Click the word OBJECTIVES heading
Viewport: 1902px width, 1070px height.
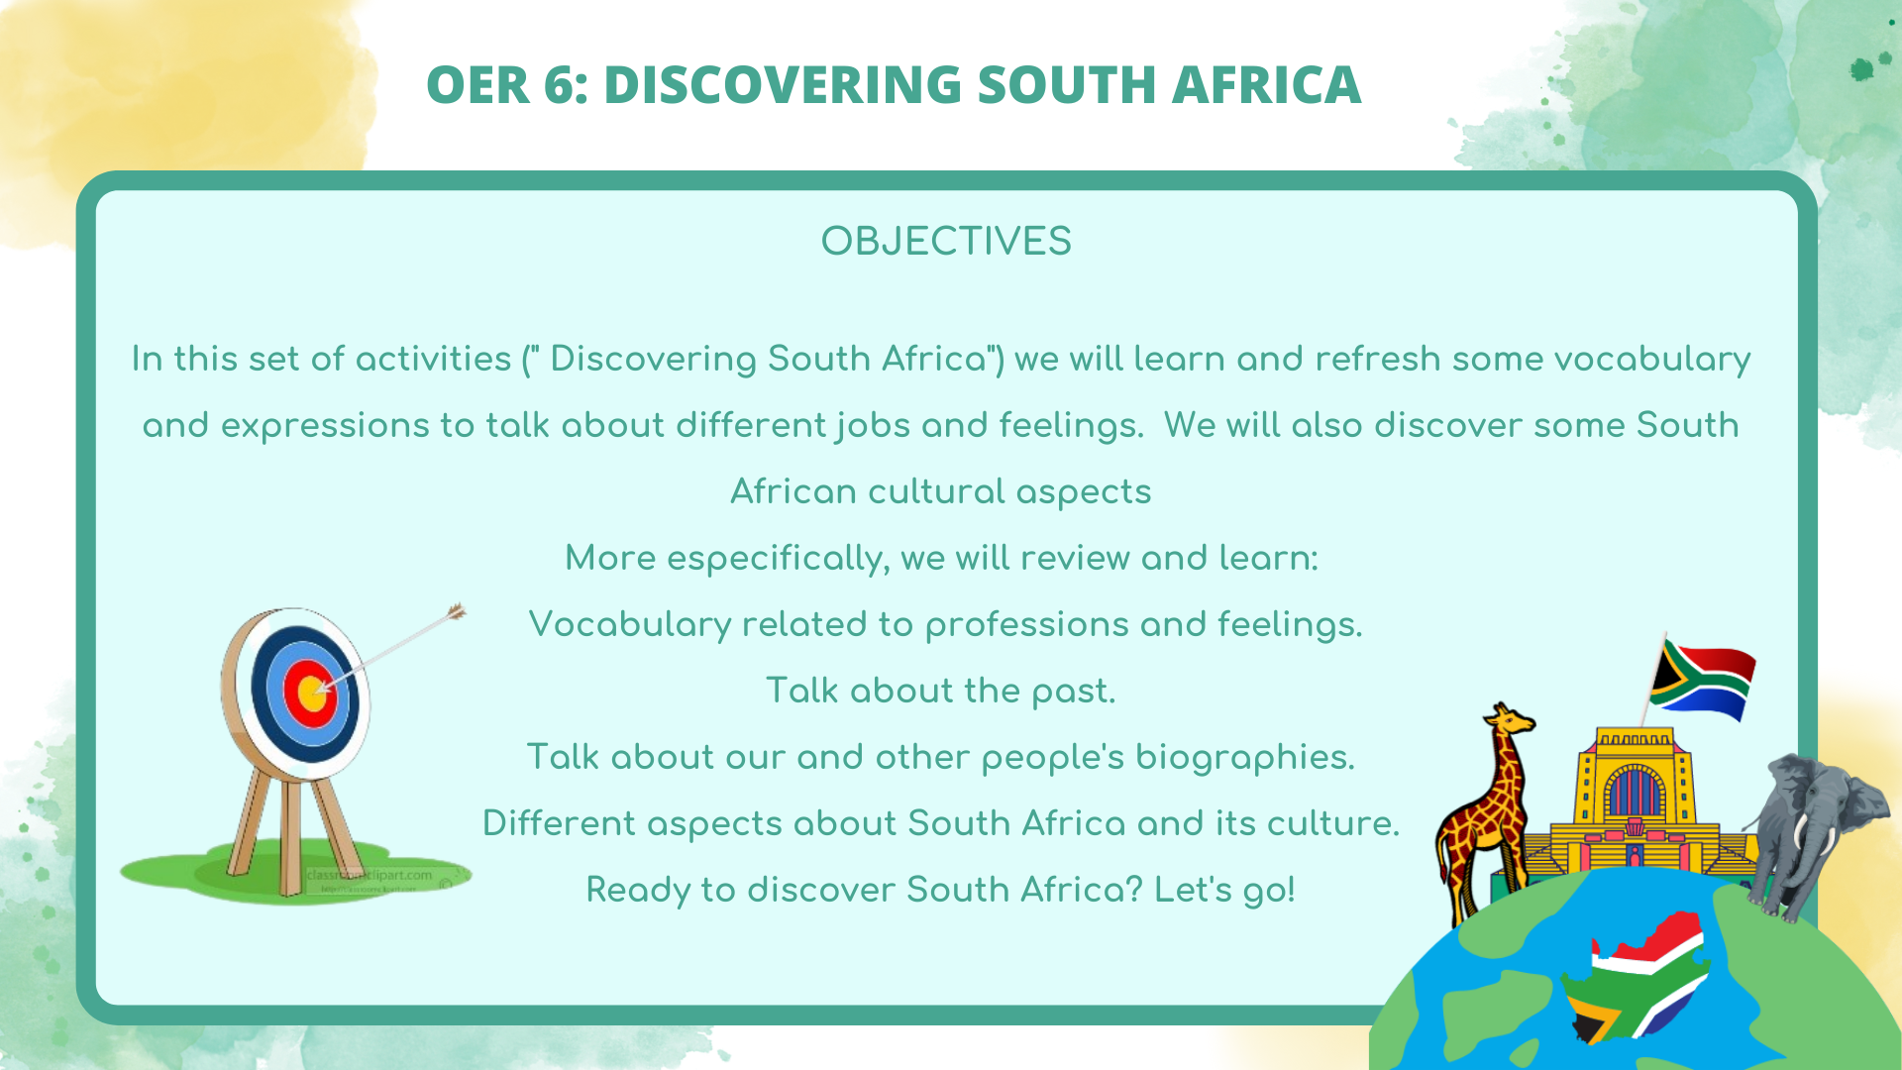(946, 242)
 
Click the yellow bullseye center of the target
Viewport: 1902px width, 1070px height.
(311, 692)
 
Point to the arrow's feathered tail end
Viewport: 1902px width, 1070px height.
(456, 612)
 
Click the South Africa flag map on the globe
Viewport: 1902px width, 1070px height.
(1639, 976)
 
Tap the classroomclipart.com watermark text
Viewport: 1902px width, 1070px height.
(369, 876)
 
